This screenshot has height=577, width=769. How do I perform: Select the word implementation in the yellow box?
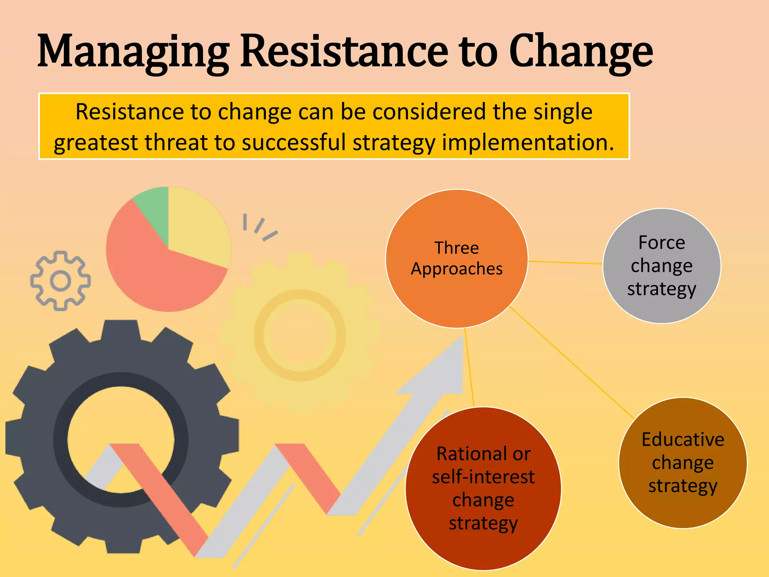pyautogui.click(x=528, y=143)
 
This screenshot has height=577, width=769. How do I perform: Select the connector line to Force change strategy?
pyautogui.click(x=565, y=263)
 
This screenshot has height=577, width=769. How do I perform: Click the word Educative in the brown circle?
pyautogui.click(x=683, y=440)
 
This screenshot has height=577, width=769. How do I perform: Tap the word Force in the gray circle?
pyautogui.click(x=662, y=243)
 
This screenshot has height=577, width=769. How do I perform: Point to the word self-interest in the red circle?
pyautogui.click(x=483, y=477)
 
